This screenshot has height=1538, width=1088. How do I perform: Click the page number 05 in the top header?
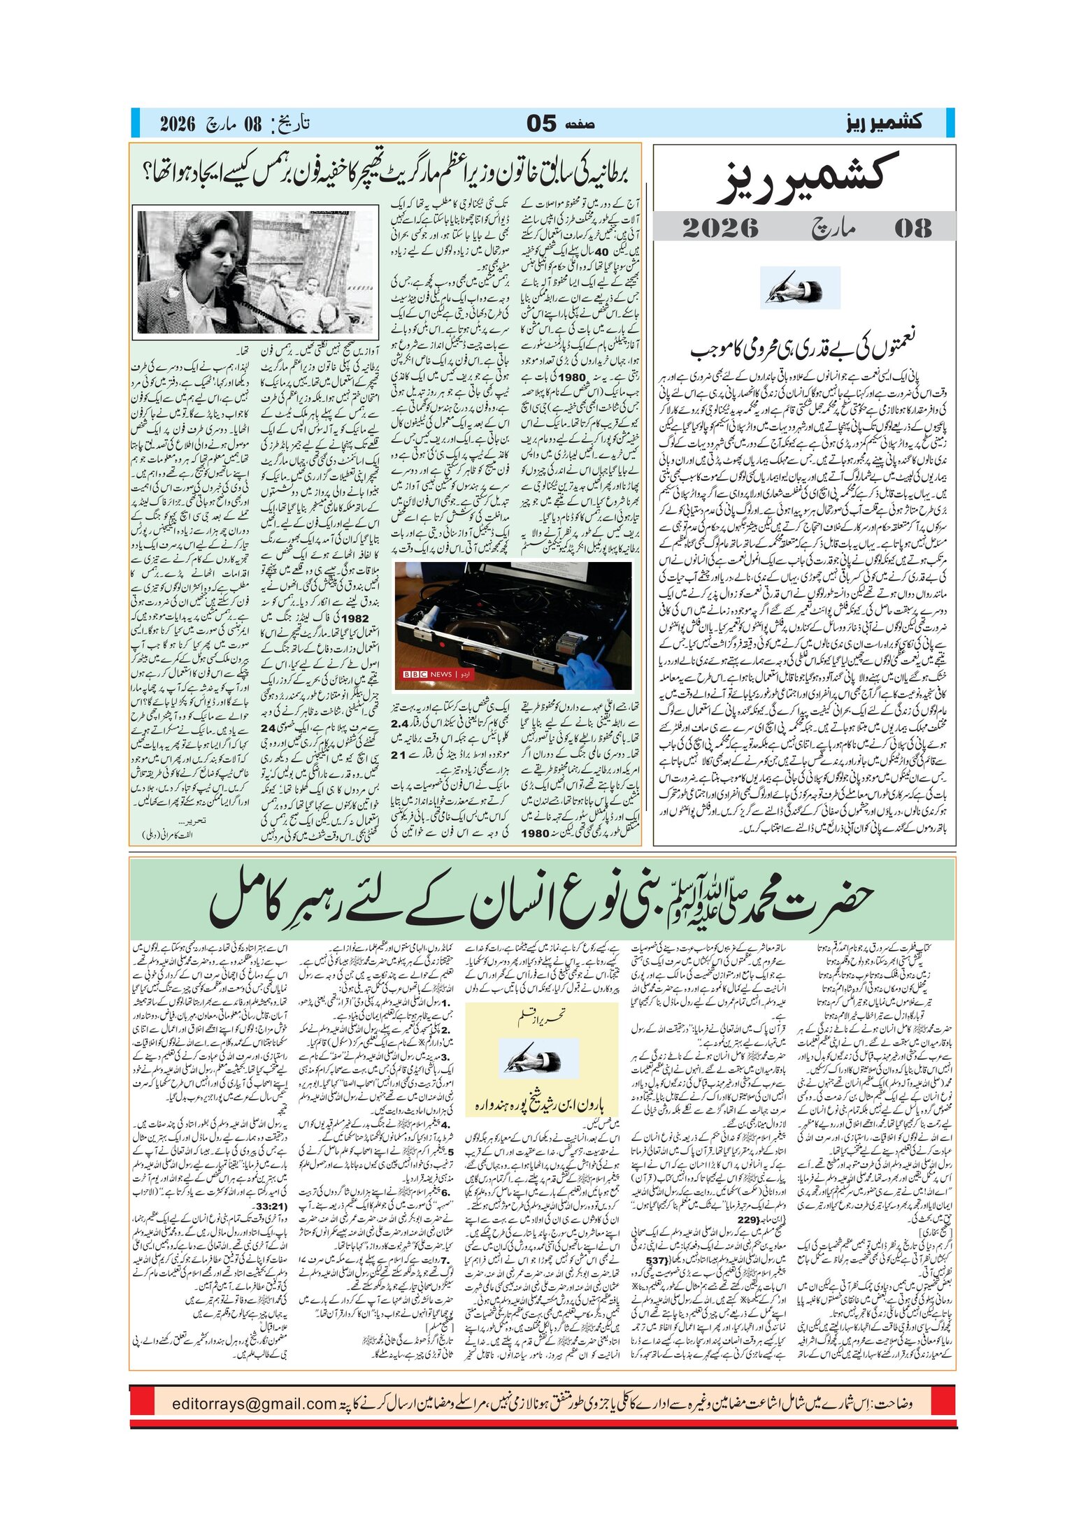541,124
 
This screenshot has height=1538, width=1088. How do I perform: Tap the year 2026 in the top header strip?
178,124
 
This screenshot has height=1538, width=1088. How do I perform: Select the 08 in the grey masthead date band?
912,228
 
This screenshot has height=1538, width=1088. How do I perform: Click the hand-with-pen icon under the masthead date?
800,288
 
